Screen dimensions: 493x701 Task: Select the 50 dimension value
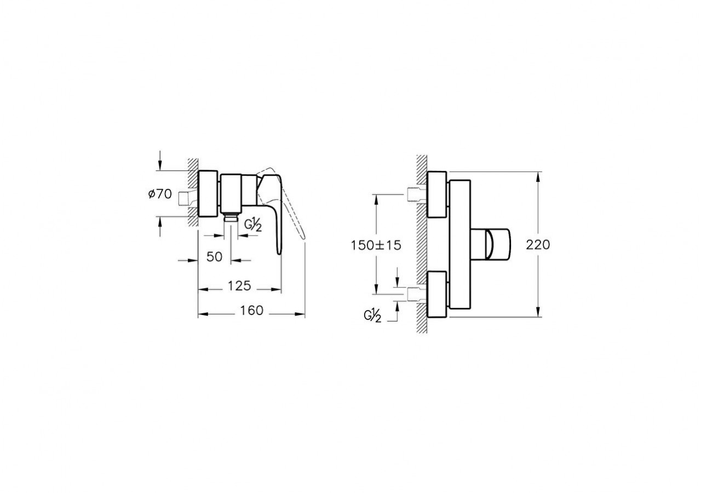click(x=215, y=256)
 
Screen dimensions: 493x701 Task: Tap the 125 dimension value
click(x=239, y=286)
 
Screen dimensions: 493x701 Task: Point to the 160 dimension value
click(x=251, y=311)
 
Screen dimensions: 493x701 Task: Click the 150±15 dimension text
click(x=376, y=245)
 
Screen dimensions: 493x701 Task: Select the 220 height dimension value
click(x=538, y=245)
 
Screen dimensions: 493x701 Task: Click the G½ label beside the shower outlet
click(x=252, y=225)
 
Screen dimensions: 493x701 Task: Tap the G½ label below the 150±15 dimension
click(x=372, y=316)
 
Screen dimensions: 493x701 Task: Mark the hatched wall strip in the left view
click(x=192, y=192)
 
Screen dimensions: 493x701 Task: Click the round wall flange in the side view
click(x=209, y=194)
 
